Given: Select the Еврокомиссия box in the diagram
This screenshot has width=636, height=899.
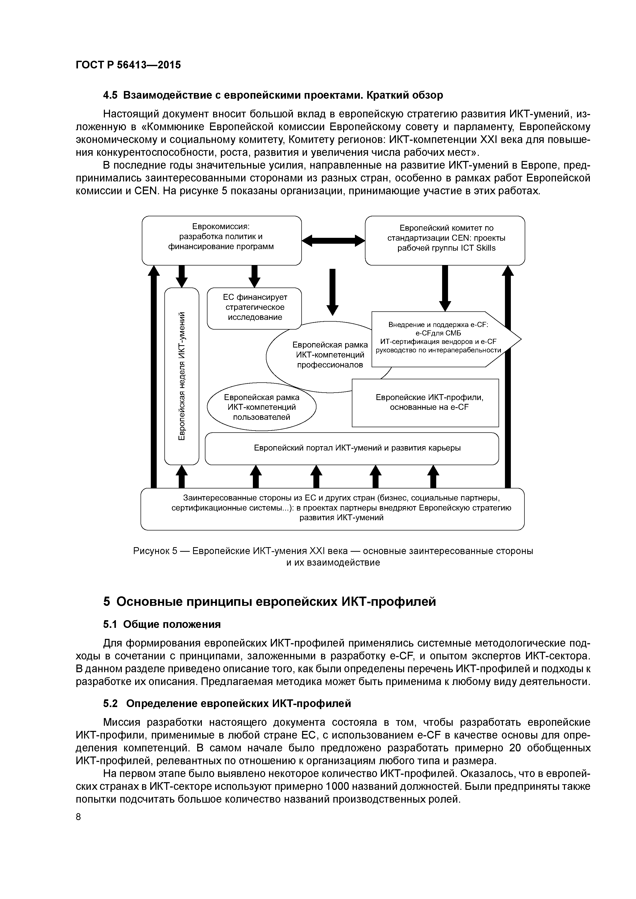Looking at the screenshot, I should pos(221,240).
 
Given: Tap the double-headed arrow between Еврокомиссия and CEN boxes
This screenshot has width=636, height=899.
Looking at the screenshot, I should pos(333,240).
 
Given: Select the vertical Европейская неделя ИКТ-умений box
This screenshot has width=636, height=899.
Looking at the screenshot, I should pos(181,376).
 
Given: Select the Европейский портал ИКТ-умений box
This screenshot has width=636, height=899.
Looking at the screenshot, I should pos(352,448).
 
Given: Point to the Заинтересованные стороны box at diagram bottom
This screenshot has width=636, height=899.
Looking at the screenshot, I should pos(332,509).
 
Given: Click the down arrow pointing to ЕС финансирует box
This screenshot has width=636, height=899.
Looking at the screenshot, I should pos(254,276).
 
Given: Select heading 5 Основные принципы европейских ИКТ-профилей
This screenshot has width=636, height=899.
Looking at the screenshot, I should pos(269,601).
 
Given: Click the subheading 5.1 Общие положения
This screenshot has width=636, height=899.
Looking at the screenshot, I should pos(162,624).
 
